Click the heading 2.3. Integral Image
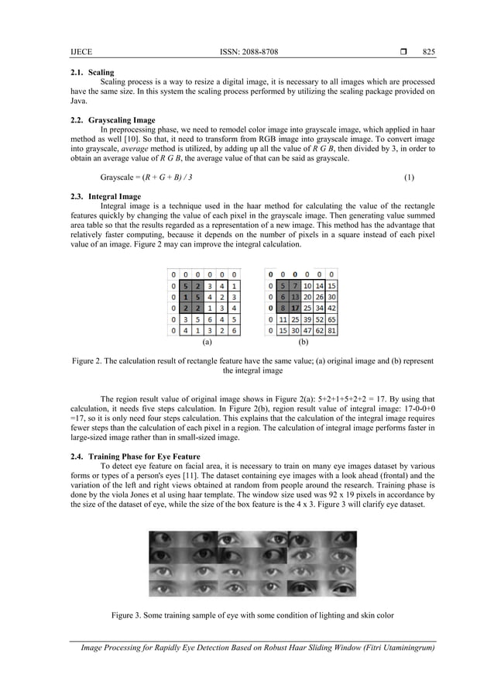tap(105, 196)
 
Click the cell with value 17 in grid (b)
tap(296, 307)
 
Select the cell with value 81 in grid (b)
tap(331, 330)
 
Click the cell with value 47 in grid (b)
tap(307, 330)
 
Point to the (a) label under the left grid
tap(206, 341)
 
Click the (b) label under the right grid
tap(303, 341)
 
